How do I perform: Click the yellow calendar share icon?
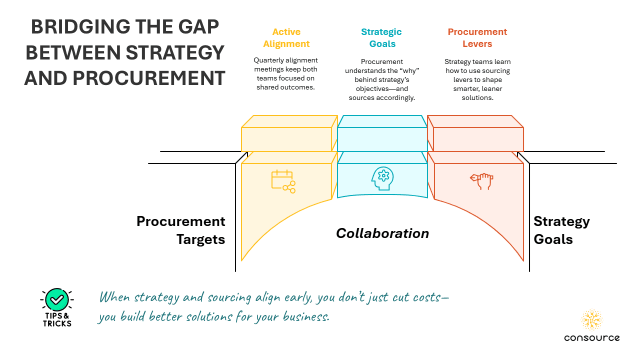283,181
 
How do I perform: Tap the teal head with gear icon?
382,178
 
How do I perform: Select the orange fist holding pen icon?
481,181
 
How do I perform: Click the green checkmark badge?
57,299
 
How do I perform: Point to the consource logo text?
591,337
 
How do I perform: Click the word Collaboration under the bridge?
382,233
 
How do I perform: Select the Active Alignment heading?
286,37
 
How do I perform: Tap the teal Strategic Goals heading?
381,37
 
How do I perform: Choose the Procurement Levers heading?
477,37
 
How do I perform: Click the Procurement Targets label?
181,230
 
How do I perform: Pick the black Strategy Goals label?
561,230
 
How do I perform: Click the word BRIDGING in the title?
80,27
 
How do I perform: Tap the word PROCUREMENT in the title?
149,78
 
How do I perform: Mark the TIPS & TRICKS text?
57,319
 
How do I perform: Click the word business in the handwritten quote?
306,316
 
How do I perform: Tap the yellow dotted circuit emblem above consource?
591,319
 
